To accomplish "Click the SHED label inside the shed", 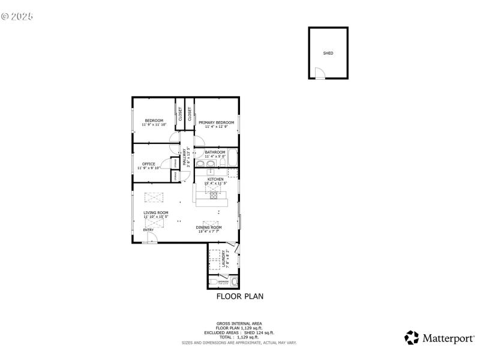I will tap(328, 53).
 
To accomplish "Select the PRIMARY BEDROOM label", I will tap(216, 122).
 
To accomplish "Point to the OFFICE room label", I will tap(149, 164).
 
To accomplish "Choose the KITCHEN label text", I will tap(215, 179).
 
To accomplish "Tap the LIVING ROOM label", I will tap(155, 212).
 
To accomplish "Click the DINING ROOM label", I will tap(209, 227).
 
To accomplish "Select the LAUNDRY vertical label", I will tap(224, 259).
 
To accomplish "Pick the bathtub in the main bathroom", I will tap(233, 158).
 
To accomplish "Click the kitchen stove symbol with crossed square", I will tap(213, 194).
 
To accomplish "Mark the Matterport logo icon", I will tap(412, 338).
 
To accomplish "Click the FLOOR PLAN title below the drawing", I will tap(239, 296).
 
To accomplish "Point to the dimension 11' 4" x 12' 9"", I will tap(216, 127).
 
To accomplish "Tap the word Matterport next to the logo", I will tap(448, 338).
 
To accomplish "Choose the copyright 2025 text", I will tap(17, 16).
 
